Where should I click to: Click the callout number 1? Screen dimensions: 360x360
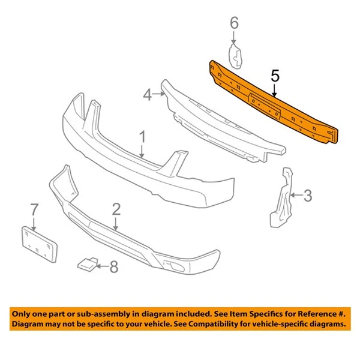[143, 137]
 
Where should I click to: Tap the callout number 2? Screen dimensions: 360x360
[116, 209]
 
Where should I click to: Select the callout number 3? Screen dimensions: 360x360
[307, 195]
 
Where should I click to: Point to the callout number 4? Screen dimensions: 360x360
[147, 94]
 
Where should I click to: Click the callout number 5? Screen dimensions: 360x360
[275, 76]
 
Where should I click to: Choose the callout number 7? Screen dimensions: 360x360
[34, 209]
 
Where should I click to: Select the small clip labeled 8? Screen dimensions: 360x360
[86, 263]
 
